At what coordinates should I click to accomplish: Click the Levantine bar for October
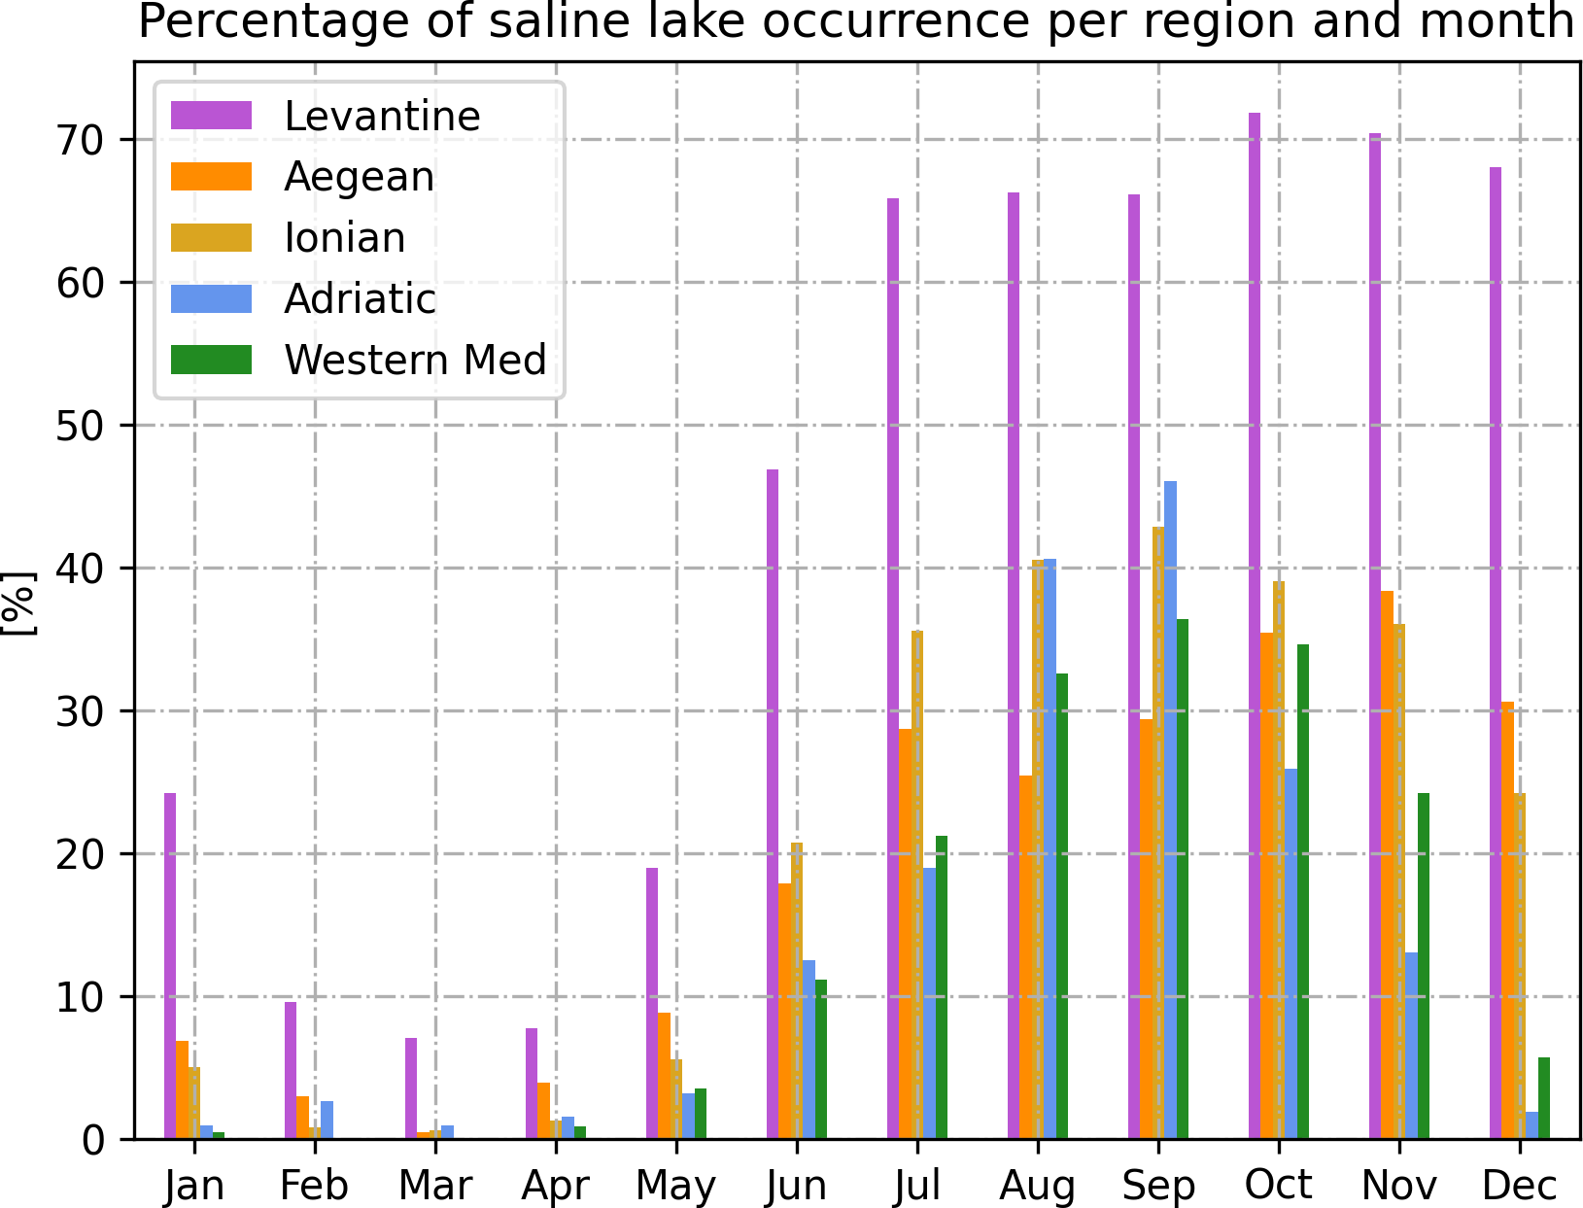point(1255,626)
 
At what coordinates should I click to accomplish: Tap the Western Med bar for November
point(1424,966)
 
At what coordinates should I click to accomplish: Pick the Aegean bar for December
point(1507,920)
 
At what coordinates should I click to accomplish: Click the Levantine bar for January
point(170,966)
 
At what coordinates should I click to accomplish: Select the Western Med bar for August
point(1062,906)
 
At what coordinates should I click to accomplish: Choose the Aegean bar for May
point(664,1076)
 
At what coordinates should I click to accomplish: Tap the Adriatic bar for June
point(809,1050)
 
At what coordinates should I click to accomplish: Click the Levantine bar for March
point(411,1088)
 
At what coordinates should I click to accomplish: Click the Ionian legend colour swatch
point(211,238)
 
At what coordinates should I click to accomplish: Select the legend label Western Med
point(415,361)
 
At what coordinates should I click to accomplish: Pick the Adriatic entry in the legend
point(360,299)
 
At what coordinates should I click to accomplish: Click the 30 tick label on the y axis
point(80,711)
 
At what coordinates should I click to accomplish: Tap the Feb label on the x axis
point(314,1186)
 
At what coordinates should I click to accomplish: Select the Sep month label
point(1158,1186)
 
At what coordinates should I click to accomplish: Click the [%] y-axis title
point(19,604)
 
